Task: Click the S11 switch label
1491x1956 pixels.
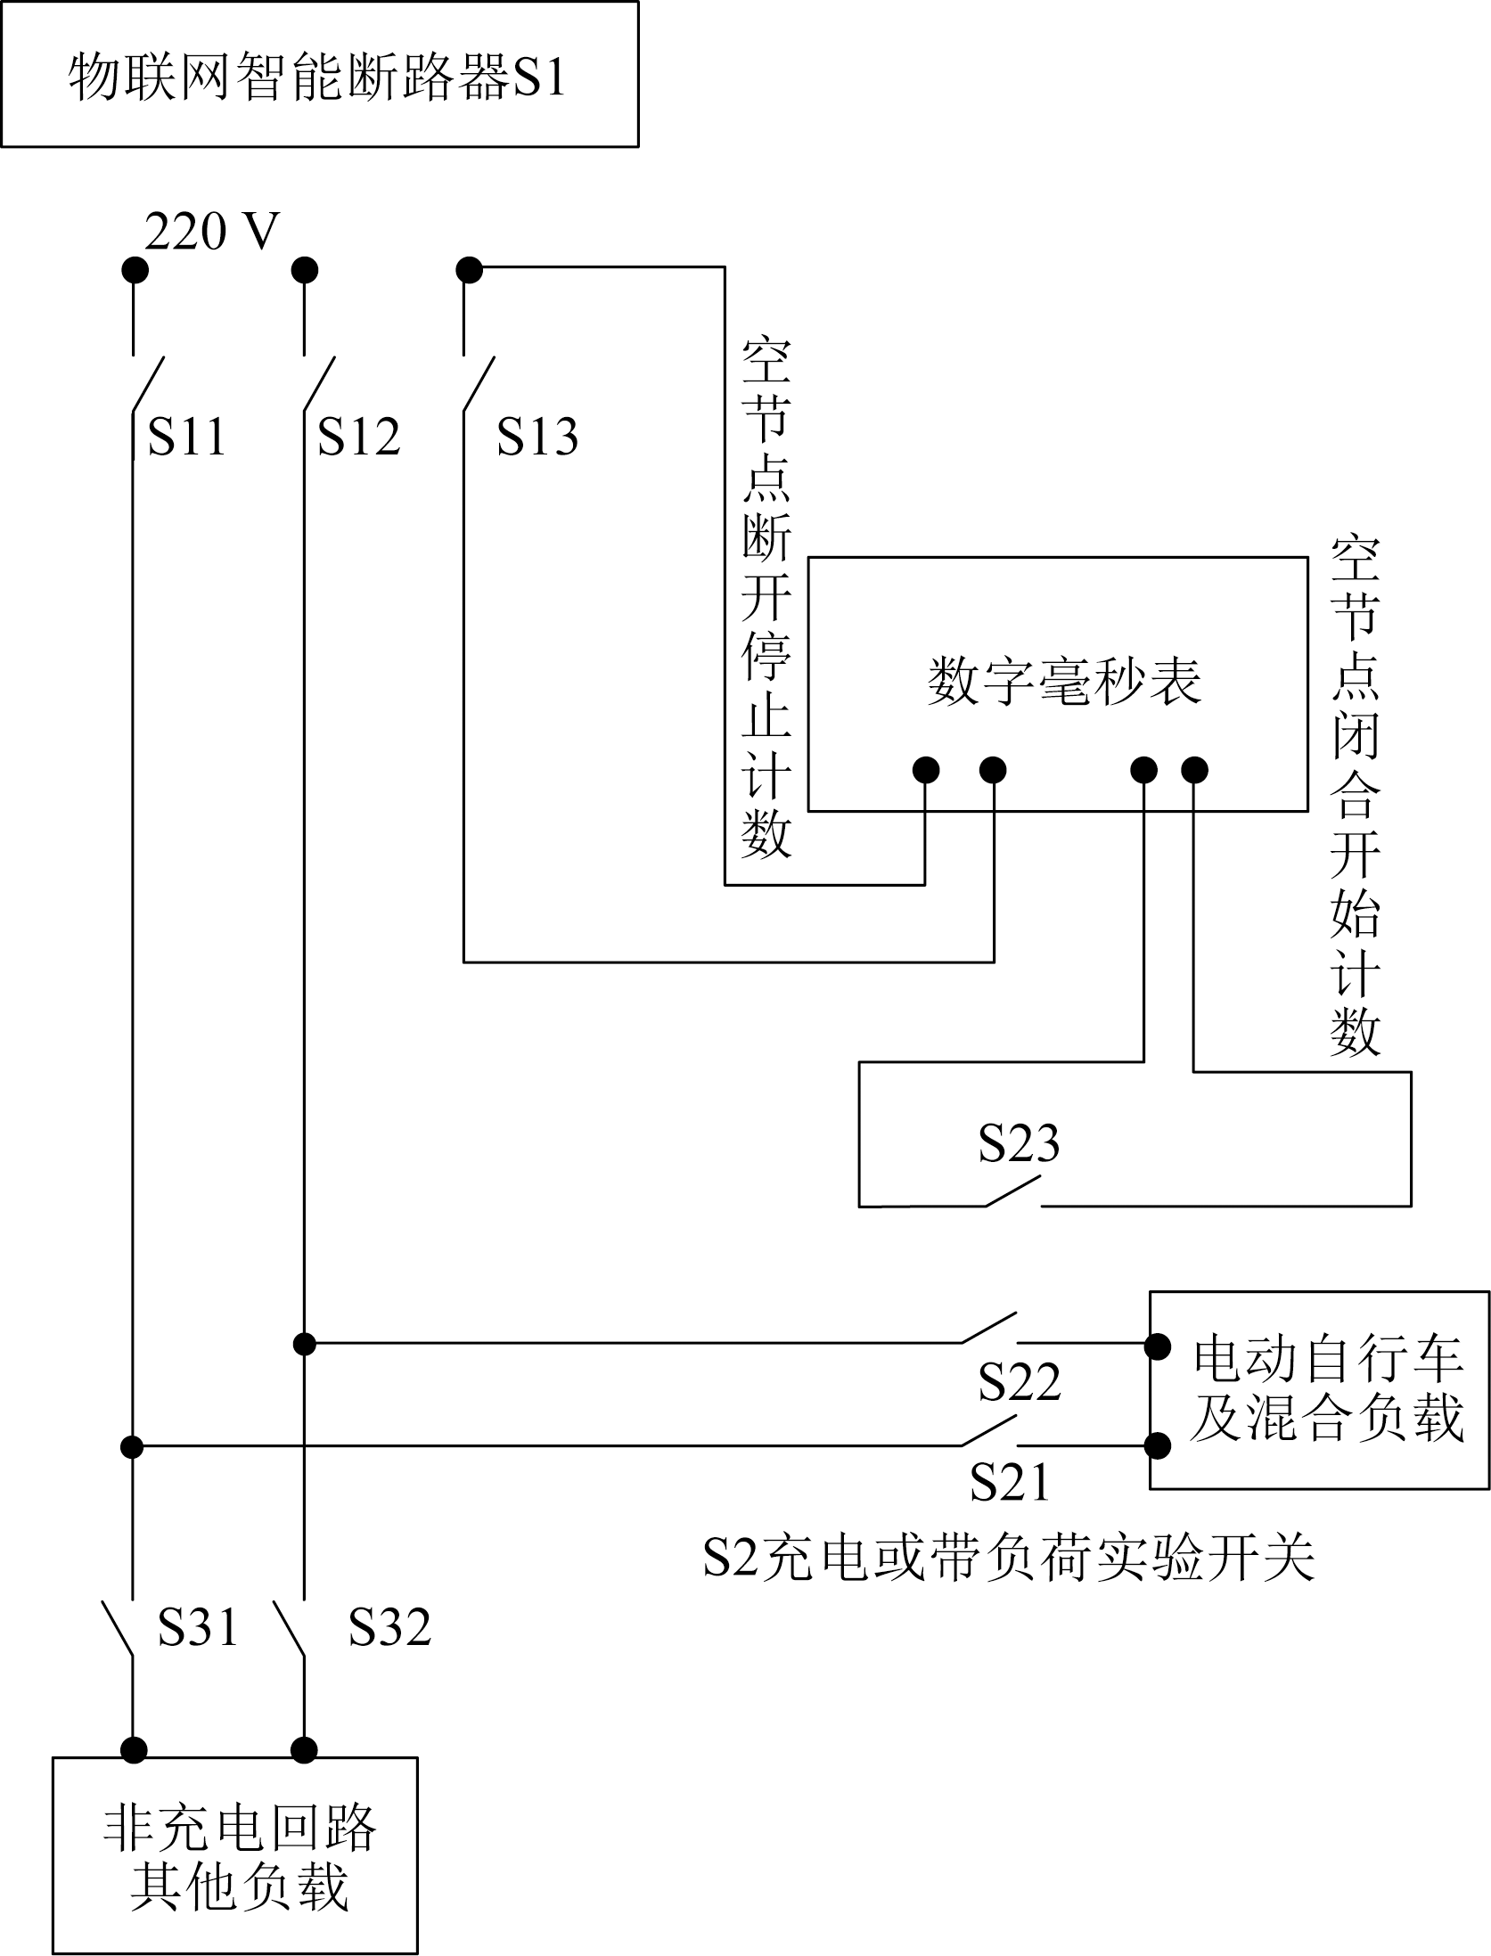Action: click(186, 437)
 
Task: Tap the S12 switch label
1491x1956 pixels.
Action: click(359, 437)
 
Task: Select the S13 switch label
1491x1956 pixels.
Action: click(537, 437)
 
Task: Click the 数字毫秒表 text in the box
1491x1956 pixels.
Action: click(1064, 682)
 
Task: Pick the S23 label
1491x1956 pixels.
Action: click(1019, 1143)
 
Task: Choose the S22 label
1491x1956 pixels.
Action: click(1020, 1382)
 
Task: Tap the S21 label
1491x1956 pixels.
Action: click(1010, 1482)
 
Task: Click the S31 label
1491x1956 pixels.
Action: click(198, 1627)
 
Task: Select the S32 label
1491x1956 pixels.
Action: click(389, 1627)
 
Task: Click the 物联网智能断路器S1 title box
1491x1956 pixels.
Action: click(319, 75)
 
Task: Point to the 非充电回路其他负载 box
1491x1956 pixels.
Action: click(235, 1858)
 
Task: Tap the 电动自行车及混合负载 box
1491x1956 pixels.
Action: click(1319, 1389)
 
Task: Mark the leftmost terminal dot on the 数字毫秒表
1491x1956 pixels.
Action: click(926, 770)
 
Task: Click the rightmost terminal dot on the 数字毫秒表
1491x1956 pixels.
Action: click(1194, 770)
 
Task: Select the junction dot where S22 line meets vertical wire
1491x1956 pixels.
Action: click(305, 1343)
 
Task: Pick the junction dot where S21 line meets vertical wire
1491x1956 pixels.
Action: click(132, 1445)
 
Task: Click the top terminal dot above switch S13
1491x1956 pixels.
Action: click(469, 269)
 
